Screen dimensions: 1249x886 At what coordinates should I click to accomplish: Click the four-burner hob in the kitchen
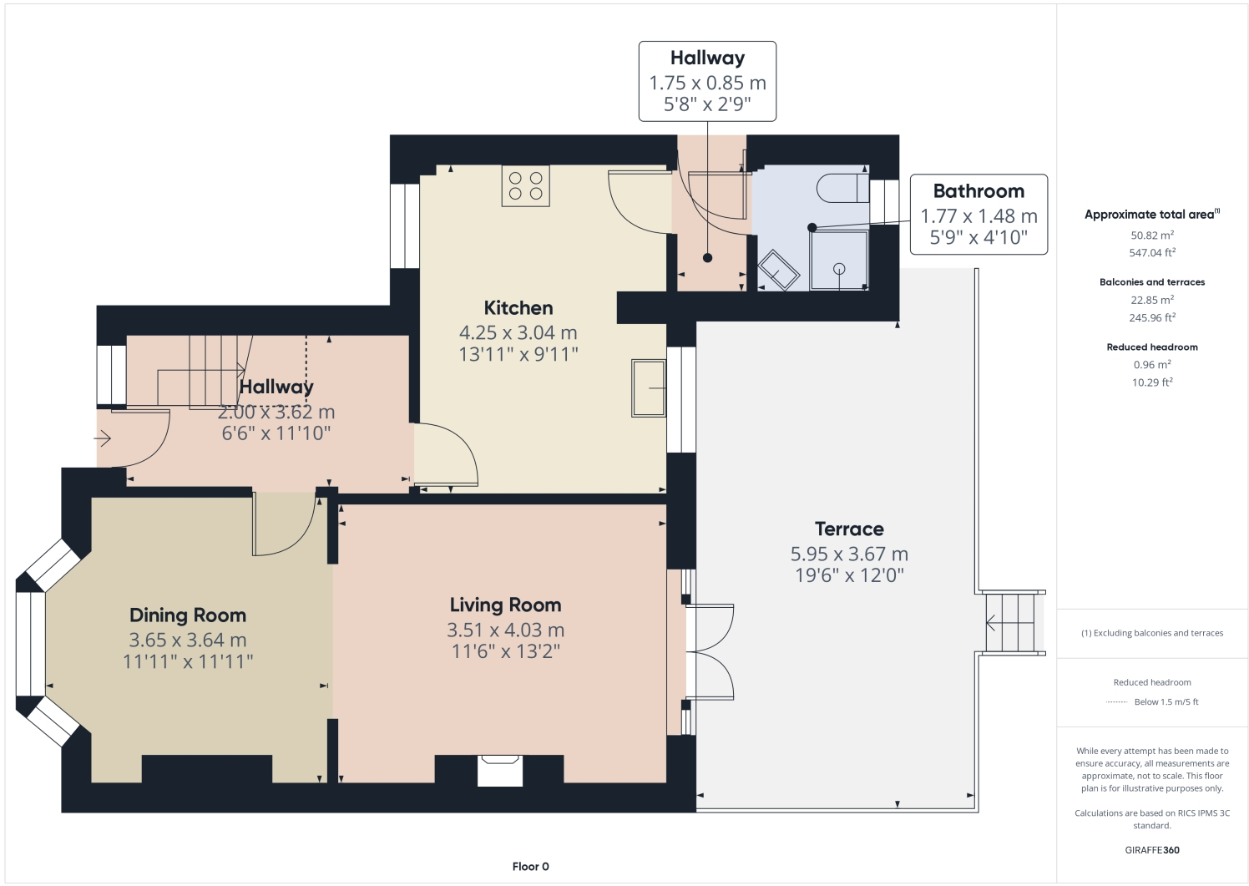coord(525,185)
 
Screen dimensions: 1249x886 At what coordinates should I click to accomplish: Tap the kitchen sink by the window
coord(649,388)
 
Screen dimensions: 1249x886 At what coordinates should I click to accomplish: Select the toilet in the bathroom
coord(842,188)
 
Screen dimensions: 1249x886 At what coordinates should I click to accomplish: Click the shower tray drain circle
coord(838,269)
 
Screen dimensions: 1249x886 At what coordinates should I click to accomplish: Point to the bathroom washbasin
coord(778,271)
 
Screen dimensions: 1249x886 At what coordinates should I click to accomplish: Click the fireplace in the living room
coord(500,770)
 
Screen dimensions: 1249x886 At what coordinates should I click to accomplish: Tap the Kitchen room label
coord(518,308)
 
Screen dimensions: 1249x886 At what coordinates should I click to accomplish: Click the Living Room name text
coord(505,605)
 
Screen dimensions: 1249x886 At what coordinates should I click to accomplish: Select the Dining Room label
coord(187,615)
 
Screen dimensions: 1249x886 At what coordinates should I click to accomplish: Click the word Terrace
coord(849,529)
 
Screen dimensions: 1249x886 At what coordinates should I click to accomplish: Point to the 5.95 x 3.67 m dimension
coord(849,554)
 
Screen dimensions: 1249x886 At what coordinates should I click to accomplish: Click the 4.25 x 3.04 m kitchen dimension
coord(518,332)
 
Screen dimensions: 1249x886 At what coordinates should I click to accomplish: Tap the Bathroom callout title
coord(978,191)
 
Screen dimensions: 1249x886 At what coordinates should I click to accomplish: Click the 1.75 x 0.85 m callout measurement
coord(707,83)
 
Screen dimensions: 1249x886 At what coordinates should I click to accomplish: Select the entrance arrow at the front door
coord(102,438)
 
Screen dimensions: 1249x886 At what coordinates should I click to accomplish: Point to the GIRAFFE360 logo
coord(1152,850)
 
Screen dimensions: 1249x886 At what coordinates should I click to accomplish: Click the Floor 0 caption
coord(530,867)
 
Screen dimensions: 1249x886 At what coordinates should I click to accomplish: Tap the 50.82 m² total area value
coord(1152,235)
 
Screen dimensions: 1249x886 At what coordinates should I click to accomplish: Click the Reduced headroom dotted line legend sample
coord(1116,702)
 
